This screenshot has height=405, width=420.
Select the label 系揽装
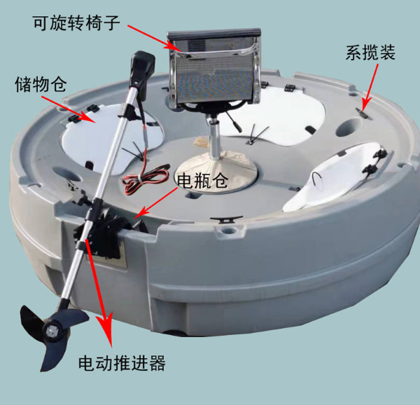(x=370, y=52)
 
